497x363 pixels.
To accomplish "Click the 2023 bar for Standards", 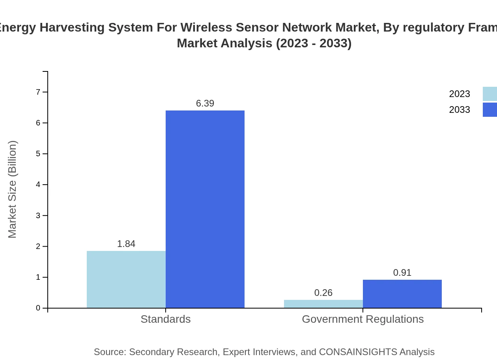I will pyautogui.click(x=126, y=279).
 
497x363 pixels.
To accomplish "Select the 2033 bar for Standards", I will pyautogui.click(x=205, y=209).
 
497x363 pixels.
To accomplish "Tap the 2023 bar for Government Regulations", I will pyautogui.click(x=323, y=304).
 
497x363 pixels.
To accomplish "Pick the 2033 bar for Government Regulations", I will pyautogui.click(x=402, y=294).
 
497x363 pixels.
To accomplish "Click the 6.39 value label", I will pyautogui.click(x=205, y=103).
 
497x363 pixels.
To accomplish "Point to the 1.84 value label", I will pyautogui.click(x=126, y=244).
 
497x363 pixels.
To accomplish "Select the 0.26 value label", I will pyautogui.click(x=323, y=293).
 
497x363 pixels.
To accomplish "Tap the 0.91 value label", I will pyautogui.click(x=402, y=273).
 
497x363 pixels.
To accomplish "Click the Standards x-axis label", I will pyautogui.click(x=166, y=319).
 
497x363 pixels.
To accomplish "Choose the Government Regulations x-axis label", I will pyautogui.click(x=363, y=319).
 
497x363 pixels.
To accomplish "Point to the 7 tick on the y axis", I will pyautogui.click(x=38, y=92).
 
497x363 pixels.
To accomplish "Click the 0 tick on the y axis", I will pyautogui.click(x=38, y=308).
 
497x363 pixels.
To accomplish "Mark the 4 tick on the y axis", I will pyautogui.click(x=38, y=185).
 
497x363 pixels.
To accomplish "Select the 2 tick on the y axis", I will pyautogui.click(x=38, y=247).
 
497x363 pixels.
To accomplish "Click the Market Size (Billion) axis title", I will pyautogui.click(x=12, y=189).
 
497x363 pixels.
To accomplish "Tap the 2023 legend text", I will pyautogui.click(x=460, y=94).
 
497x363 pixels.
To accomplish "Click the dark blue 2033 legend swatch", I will pyautogui.click(x=490, y=110).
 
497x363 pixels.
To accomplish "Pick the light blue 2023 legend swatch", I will pyautogui.click(x=490, y=94).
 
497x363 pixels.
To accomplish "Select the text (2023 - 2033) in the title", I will pyautogui.click(x=314, y=43).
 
